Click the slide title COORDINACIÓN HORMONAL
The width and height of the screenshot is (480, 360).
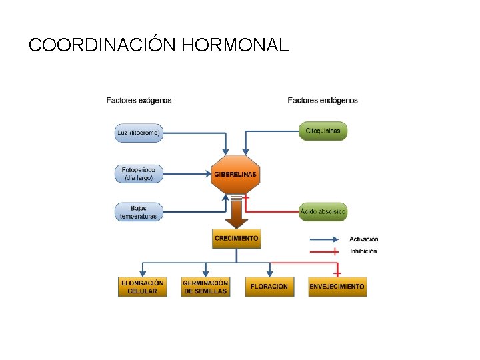[159, 45]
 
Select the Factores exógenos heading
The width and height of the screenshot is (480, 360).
[139, 101]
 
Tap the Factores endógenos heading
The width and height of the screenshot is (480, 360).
[323, 101]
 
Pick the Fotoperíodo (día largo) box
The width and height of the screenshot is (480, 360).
[139, 174]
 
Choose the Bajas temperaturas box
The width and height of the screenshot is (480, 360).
[139, 212]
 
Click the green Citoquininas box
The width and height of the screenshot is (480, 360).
[323, 131]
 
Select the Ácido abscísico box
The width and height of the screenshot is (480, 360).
[323, 211]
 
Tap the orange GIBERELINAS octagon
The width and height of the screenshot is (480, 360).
[235, 174]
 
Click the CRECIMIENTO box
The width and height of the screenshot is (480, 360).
[237, 238]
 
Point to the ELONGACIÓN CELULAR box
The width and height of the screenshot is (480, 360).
[142, 287]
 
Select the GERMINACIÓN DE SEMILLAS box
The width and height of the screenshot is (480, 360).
[205, 287]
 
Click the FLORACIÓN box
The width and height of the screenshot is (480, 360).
[269, 287]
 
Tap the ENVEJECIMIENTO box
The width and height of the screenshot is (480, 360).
[337, 287]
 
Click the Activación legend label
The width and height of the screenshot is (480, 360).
[364, 239]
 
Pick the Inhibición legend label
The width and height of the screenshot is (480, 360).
[363, 251]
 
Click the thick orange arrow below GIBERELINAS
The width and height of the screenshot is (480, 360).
[237, 213]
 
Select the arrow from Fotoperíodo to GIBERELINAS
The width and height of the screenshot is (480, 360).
[187, 174]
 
